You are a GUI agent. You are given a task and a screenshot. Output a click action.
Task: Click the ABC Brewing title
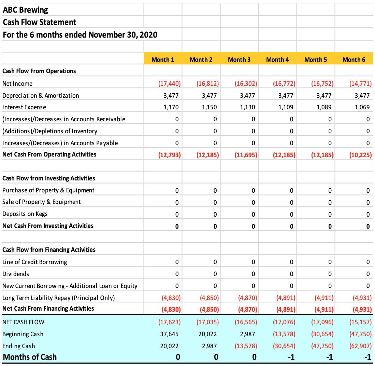pyautogui.click(x=25, y=10)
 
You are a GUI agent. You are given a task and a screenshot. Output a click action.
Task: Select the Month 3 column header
pyautogui.click(x=239, y=59)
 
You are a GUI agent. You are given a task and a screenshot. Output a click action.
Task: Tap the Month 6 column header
pyautogui.click(x=354, y=59)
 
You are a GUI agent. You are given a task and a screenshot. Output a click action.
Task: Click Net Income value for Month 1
pyautogui.click(x=169, y=83)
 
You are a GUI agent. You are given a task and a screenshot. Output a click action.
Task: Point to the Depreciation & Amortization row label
pyautogui.click(x=41, y=96)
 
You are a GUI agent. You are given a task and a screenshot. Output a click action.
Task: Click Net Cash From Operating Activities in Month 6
pyautogui.click(x=360, y=155)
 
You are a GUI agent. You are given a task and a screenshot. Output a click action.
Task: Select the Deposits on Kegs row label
pyautogui.click(x=25, y=214)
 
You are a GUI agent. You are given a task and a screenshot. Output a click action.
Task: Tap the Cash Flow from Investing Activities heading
pyautogui.click(x=48, y=178)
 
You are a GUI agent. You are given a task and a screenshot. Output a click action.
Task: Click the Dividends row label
pyautogui.click(x=16, y=274)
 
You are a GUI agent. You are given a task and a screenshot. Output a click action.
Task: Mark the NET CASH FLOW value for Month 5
pyautogui.click(x=322, y=322)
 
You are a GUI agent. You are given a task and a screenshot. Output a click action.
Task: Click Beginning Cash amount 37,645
pyautogui.click(x=169, y=334)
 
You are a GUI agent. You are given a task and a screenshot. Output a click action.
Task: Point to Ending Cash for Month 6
pyautogui.click(x=360, y=346)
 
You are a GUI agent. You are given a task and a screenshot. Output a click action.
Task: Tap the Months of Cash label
pyautogui.click(x=30, y=357)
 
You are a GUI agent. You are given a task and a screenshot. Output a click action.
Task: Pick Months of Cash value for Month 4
pyautogui.click(x=291, y=357)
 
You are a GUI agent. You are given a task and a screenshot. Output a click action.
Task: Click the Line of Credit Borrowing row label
pyautogui.click(x=34, y=262)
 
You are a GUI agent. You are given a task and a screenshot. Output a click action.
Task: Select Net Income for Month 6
pyautogui.click(x=360, y=83)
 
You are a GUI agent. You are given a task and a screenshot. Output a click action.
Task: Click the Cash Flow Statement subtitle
pyautogui.click(x=40, y=22)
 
